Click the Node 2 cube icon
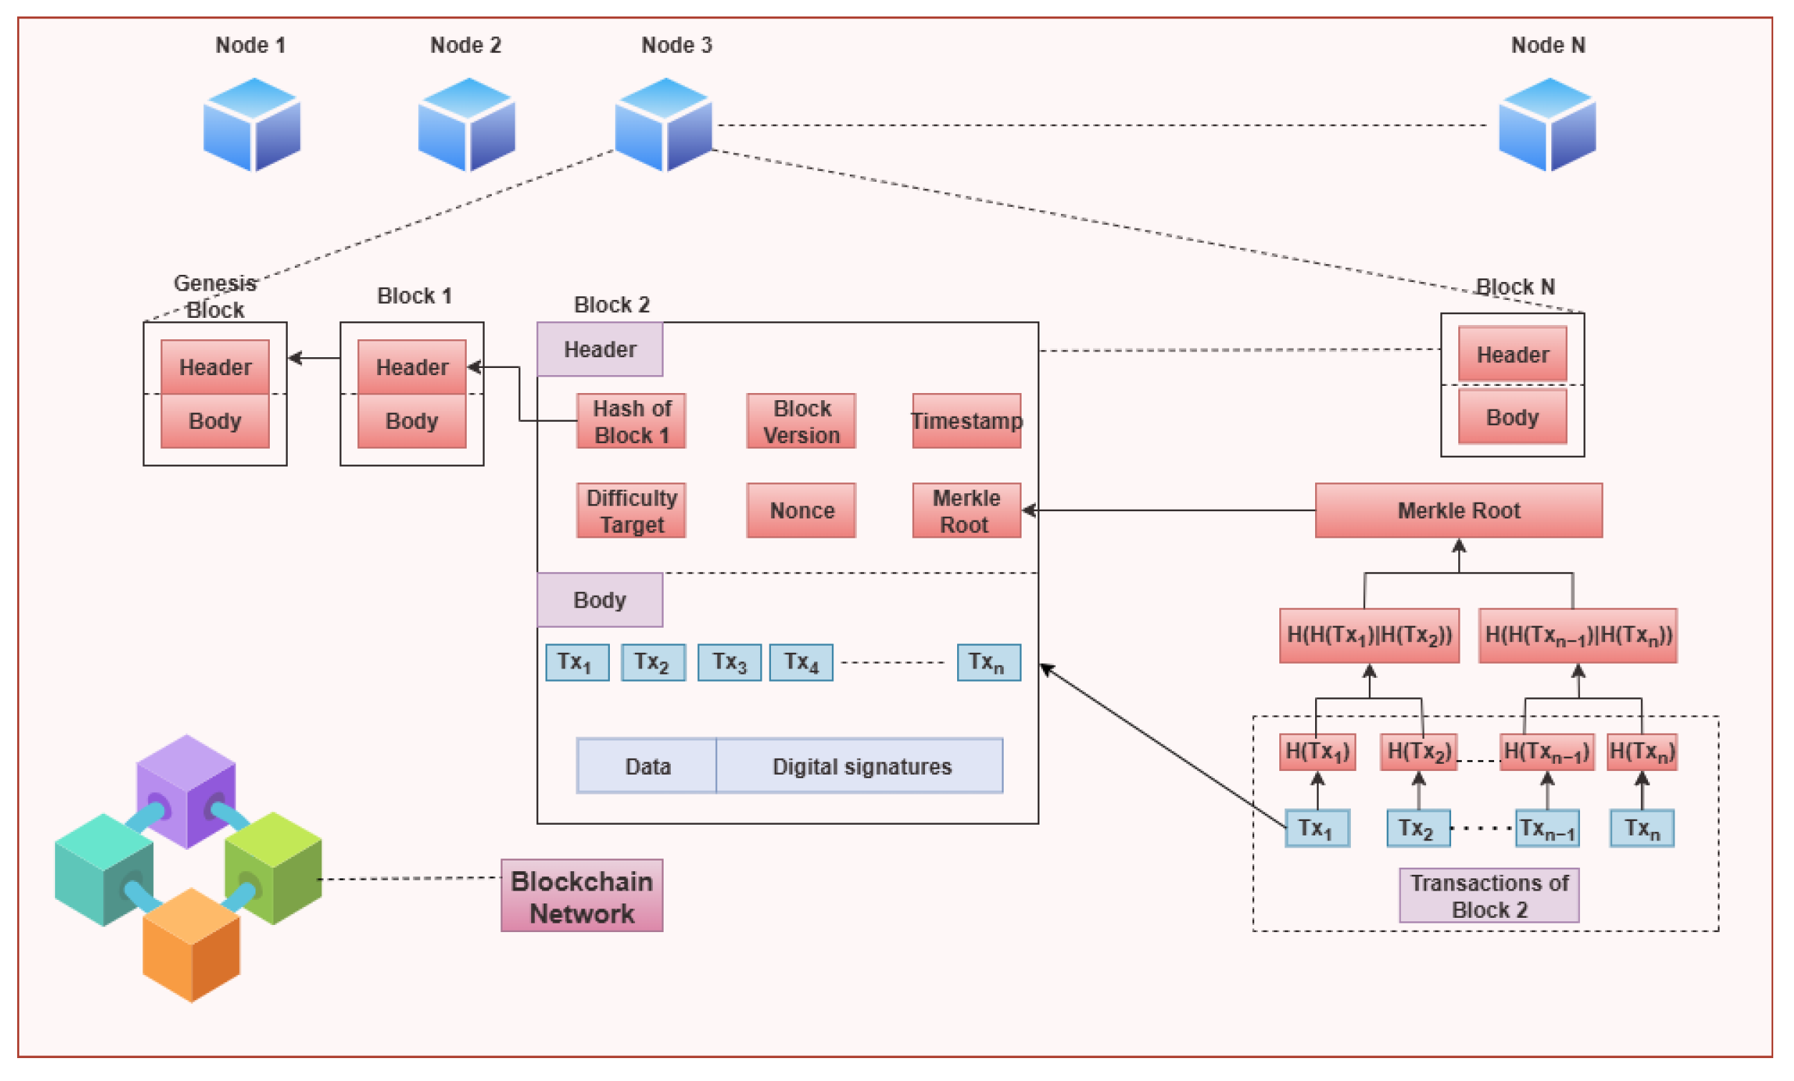pyautogui.click(x=467, y=125)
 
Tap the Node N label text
pyautogui.click(x=1547, y=45)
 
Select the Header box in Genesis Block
pyautogui.click(x=215, y=366)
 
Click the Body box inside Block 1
pyautogui.click(x=412, y=421)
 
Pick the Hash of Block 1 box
pyautogui.click(x=631, y=421)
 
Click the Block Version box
pyautogui.click(x=801, y=421)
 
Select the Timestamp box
pyautogui.click(x=966, y=421)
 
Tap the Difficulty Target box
pyautogui.click(x=631, y=510)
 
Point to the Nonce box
pyautogui.click(x=801, y=510)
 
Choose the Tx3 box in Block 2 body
pyautogui.click(x=729, y=661)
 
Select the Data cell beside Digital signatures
pyautogui.click(x=646, y=766)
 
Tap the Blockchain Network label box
pyautogui.click(x=581, y=896)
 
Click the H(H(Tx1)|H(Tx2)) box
pyautogui.click(x=1369, y=635)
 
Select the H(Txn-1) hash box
pyautogui.click(x=1546, y=751)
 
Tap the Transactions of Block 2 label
pyautogui.click(x=1488, y=896)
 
